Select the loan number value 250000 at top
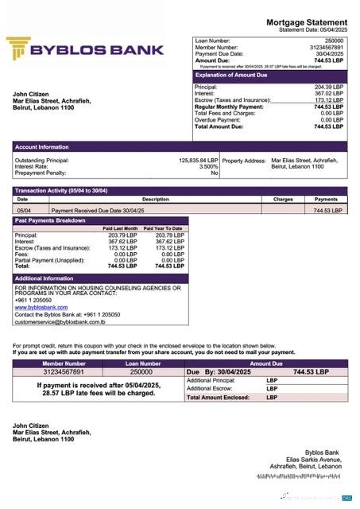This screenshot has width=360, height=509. click(335, 40)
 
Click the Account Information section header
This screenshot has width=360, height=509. click(41, 147)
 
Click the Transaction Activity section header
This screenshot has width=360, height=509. click(61, 191)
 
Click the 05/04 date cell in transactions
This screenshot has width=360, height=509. click(24, 210)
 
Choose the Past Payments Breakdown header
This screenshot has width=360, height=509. click(49, 220)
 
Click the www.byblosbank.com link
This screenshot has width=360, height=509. click(41, 307)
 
